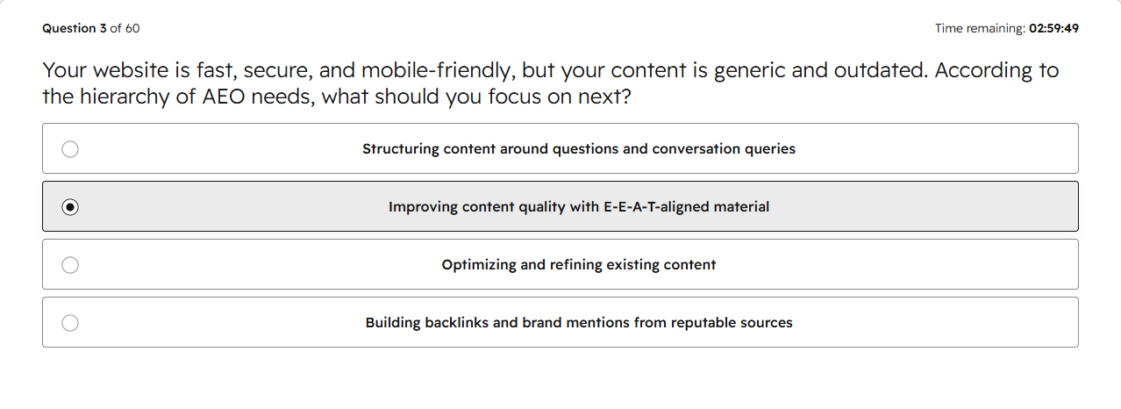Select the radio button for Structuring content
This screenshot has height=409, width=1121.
[x=70, y=149]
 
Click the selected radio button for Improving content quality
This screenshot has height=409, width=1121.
[x=70, y=207]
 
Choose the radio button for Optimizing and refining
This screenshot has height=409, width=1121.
[x=70, y=265]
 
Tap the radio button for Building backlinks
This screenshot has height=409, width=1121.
[x=70, y=323]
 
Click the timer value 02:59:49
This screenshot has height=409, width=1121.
[x=1053, y=29]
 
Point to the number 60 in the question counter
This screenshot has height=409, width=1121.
[x=132, y=29]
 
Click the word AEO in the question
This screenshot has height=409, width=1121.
[x=223, y=97]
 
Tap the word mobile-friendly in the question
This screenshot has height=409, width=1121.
[x=439, y=70]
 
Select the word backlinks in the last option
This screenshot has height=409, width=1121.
[x=457, y=322]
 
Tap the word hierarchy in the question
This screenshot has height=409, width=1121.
[x=125, y=97]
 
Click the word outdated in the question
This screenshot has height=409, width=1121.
[x=881, y=70]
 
